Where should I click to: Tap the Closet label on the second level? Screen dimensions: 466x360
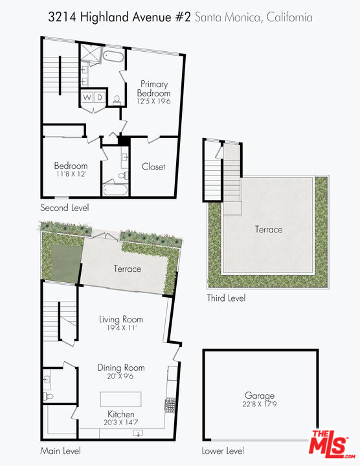[x=153, y=166]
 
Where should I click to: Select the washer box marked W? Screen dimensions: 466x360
[x=86, y=98]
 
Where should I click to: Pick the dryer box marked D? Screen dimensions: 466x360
[x=100, y=98]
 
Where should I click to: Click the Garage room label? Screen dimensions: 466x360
[x=259, y=395]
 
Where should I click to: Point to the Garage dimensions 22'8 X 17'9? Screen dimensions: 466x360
[x=259, y=405]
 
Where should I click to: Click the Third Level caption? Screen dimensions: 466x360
[x=226, y=298]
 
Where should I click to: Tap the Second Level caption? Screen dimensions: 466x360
[x=64, y=208]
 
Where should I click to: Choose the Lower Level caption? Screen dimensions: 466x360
[x=223, y=450]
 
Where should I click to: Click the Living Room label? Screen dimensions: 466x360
[x=121, y=319]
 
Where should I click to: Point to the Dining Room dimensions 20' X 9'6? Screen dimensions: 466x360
[x=121, y=377]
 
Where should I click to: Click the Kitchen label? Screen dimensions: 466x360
[x=121, y=414]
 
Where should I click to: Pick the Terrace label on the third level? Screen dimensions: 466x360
[x=269, y=229]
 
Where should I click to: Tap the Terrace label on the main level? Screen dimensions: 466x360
[x=128, y=269]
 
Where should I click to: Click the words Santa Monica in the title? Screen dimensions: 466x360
[x=228, y=17]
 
